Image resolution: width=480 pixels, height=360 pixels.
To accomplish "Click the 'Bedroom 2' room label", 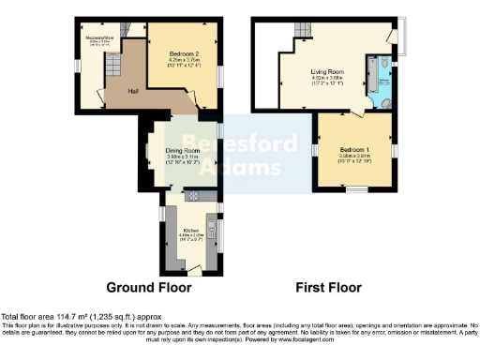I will pyautogui.click(x=184, y=54).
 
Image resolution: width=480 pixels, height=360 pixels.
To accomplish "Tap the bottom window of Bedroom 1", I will pyautogui.click(x=354, y=189).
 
